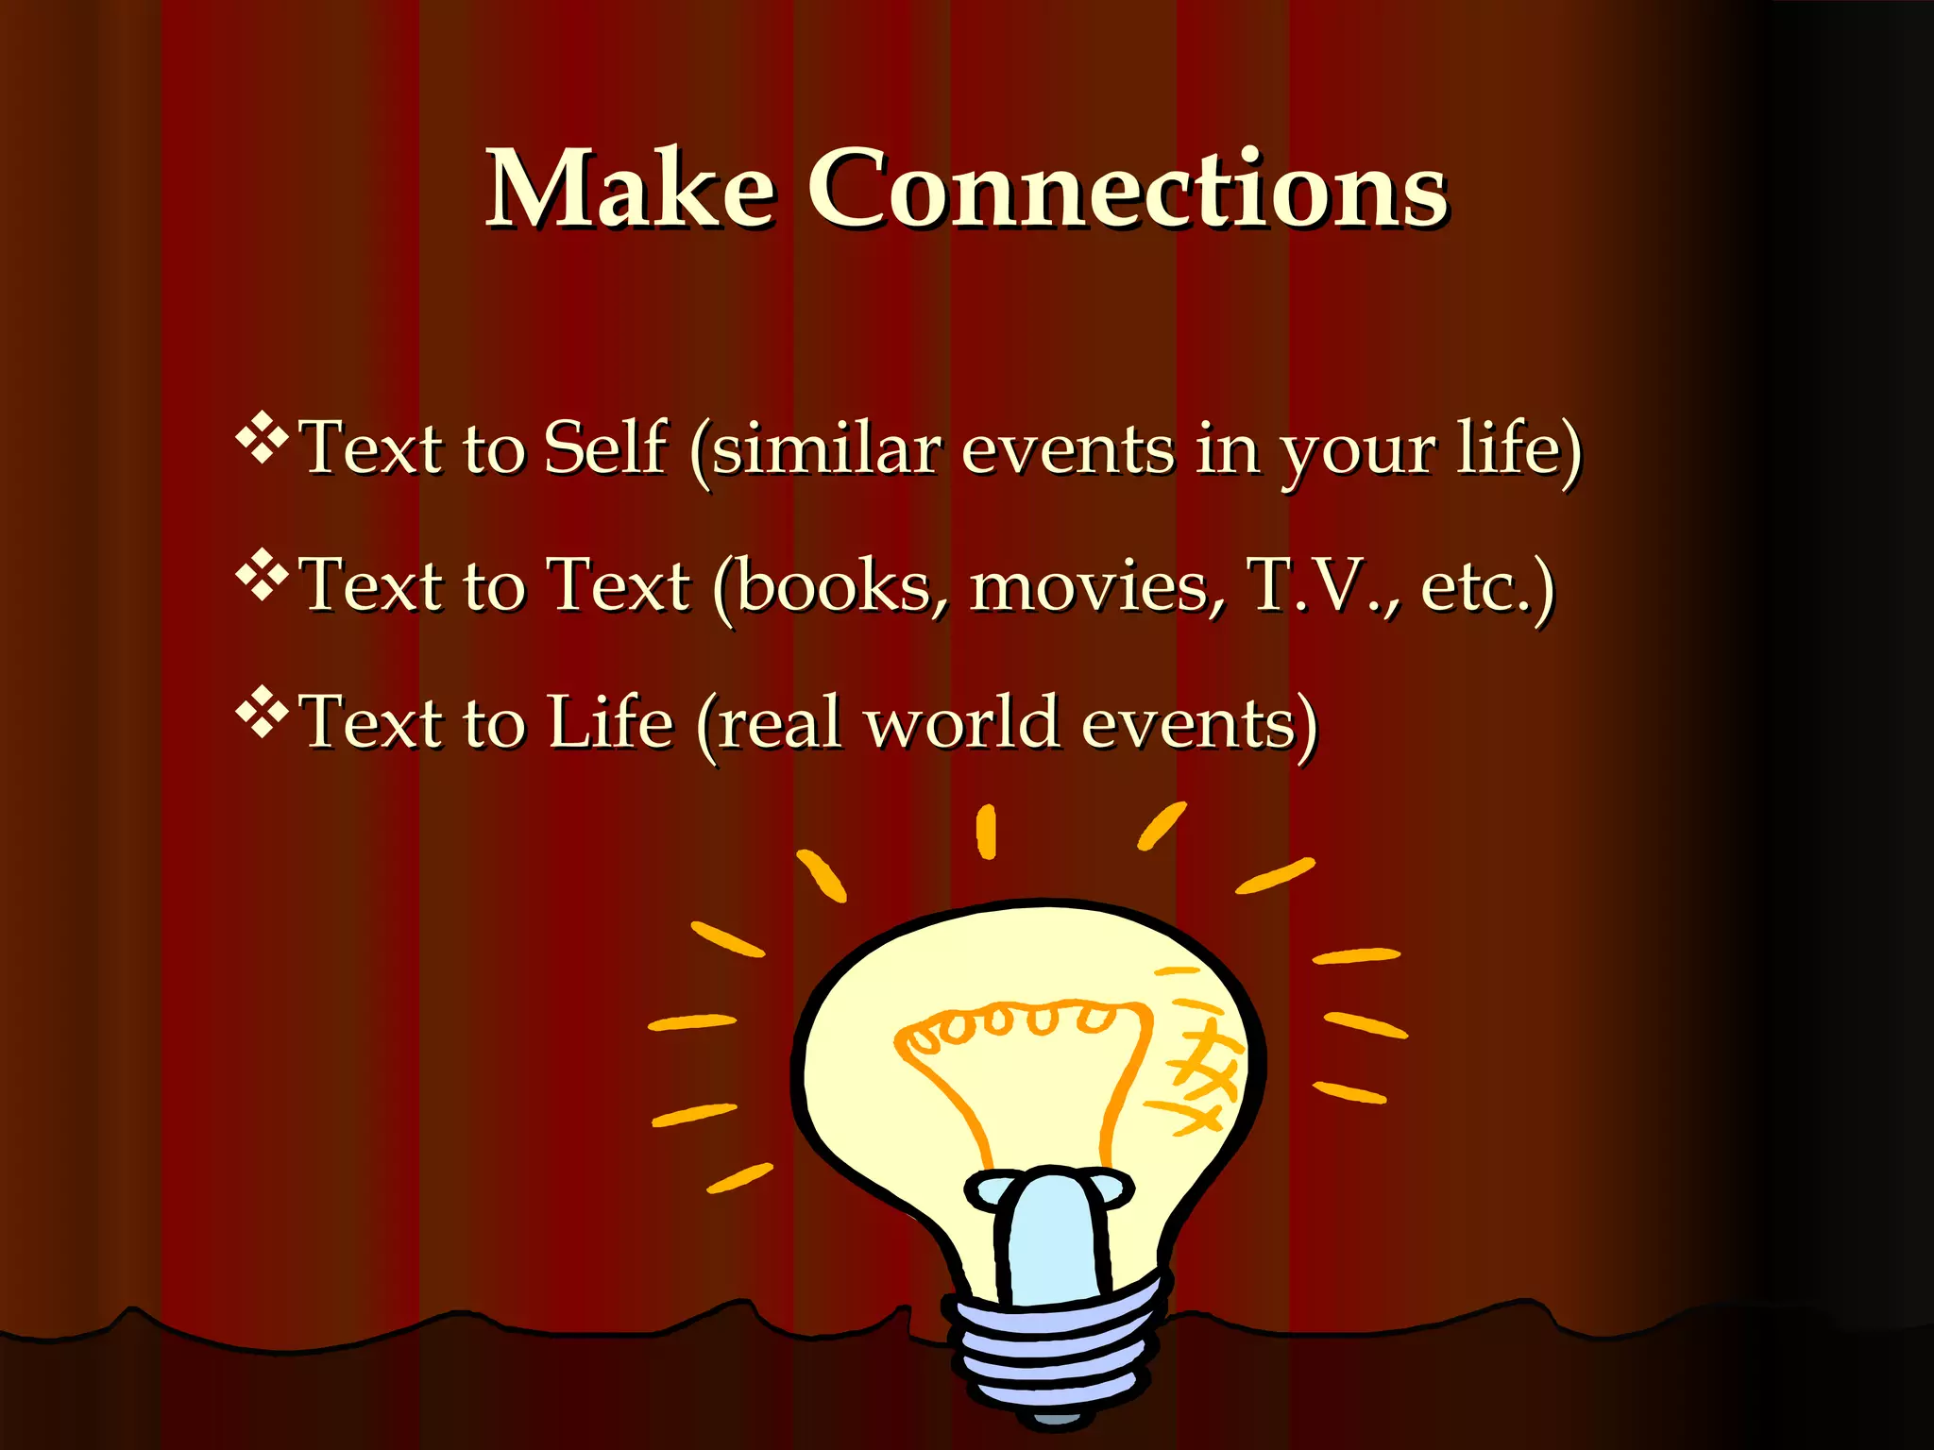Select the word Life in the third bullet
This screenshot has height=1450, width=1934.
pos(610,722)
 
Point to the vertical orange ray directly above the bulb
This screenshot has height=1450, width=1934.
pos(986,832)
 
